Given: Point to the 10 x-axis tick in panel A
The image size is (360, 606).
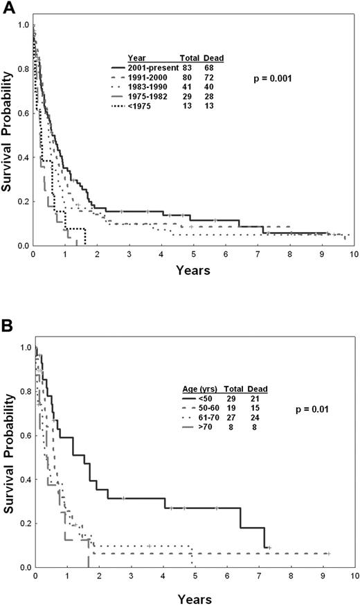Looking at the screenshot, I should [353, 254].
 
